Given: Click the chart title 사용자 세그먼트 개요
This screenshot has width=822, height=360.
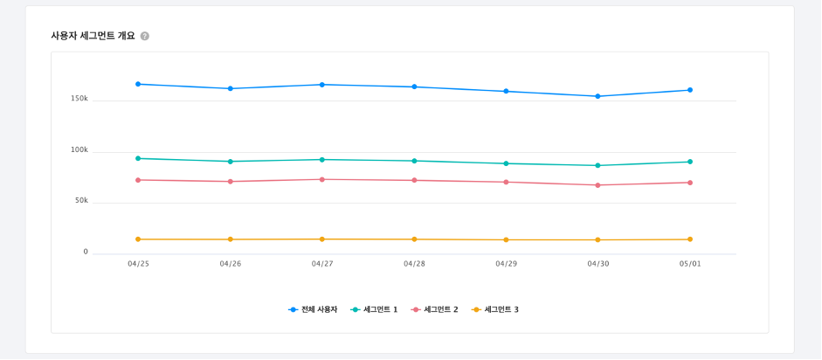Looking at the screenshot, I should [93, 36].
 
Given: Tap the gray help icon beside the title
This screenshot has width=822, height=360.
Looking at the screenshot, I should [145, 36].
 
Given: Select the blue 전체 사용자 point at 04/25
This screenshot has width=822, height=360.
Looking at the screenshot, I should [138, 84].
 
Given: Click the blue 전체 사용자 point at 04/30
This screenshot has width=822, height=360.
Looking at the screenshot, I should [598, 96].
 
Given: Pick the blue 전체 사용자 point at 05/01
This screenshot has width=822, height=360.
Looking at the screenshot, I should [690, 90].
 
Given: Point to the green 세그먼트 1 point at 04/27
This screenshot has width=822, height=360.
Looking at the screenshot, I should [322, 160].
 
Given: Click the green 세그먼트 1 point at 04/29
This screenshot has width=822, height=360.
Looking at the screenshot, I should [506, 163].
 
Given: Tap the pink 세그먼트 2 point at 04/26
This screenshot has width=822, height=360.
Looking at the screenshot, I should [231, 182].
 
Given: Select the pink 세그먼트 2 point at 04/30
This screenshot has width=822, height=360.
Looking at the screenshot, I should [598, 185].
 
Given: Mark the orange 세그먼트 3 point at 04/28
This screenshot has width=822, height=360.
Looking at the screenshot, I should [414, 239].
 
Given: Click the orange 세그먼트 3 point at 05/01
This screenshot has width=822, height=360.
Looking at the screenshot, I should [690, 239].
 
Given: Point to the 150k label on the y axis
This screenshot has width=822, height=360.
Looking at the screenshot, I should [79, 99].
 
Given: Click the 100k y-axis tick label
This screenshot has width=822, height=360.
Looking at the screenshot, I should [79, 150].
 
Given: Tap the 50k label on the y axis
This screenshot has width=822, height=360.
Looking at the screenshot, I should [81, 201].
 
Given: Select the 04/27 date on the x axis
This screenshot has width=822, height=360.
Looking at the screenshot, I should [322, 264].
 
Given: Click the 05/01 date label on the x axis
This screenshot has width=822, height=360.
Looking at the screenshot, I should [690, 264].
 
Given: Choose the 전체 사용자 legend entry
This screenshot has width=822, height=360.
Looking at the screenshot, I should [314, 309].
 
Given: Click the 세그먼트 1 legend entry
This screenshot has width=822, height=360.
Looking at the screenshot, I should [375, 309].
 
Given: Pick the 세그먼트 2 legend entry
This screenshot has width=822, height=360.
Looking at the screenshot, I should [435, 309].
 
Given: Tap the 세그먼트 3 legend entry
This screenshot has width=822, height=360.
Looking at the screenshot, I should [495, 309].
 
